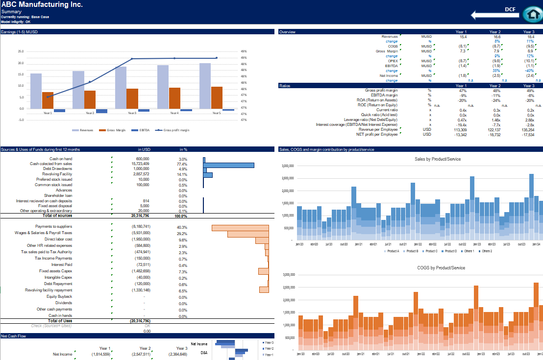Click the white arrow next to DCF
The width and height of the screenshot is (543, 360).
pyautogui.click(x=493, y=15)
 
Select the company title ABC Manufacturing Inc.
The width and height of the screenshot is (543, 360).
pyautogui.click(x=42, y=4)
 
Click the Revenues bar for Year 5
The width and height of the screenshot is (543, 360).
pyautogui.click(x=205, y=85)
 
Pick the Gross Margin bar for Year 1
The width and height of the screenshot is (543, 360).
pyautogui.click(x=48, y=100)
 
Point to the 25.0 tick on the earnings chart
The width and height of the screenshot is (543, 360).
pyautogui.click(x=20, y=51)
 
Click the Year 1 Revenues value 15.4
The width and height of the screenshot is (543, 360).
pyautogui.click(x=463, y=37)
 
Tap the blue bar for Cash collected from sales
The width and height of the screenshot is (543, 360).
pyautogui.click(x=229, y=165)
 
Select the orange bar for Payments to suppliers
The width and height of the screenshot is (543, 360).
pyautogui.click(x=240, y=227)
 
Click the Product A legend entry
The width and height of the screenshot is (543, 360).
pyautogui.click(x=393, y=251)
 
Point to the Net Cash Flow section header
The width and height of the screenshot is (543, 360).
pyautogui.click(x=14, y=336)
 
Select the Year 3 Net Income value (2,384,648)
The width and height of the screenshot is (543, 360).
pyautogui.click(x=177, y=354)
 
